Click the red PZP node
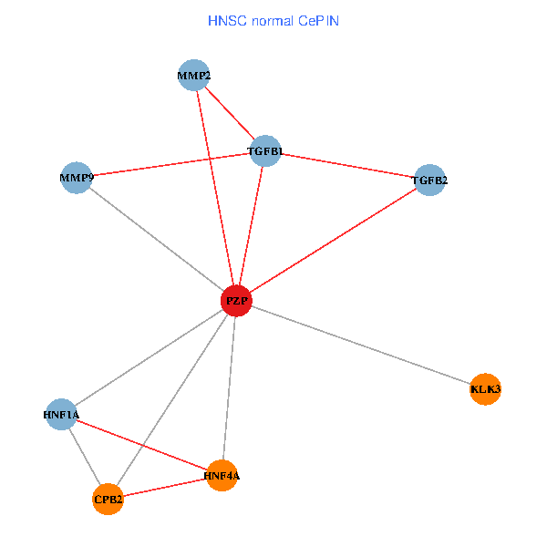coord(236,301)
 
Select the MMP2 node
coord(194,76)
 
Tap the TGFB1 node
coord(265,151)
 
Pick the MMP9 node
coord(77,178)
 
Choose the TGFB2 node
coord(429,181)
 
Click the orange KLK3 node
coord(485,389)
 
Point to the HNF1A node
coord(61,415)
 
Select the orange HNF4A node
coord(222,475)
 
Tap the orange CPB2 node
coord(108,499)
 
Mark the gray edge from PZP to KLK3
coord(360,345)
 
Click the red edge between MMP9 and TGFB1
coord(170,165)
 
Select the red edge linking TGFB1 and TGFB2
coord(347,166)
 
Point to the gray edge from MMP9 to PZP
coord(156,239)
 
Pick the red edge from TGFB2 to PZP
coord(333,241)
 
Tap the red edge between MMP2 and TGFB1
coord(230,113)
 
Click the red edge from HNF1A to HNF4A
coord(141,445)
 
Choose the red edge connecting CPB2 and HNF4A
coord(164,487)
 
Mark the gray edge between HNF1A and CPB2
coord(84,457)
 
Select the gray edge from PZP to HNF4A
coord(229,387)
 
